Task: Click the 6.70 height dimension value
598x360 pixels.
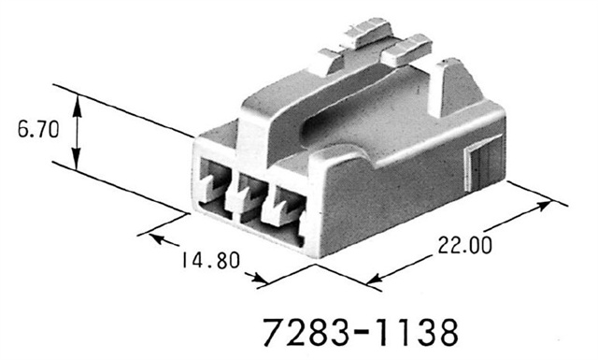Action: coord(35,130)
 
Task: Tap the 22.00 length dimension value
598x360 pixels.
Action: coord(462,245)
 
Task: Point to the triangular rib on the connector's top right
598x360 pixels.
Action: coord(452,80)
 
